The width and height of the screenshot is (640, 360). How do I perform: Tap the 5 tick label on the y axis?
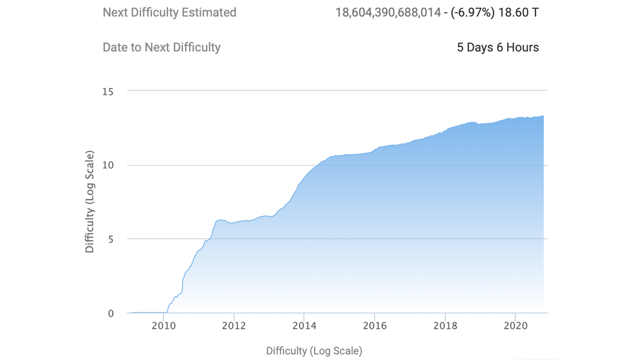[x=111, y=239]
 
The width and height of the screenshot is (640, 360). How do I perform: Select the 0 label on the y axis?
[x=111, y=313]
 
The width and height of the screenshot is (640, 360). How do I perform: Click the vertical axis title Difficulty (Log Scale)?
[x=89, y=201]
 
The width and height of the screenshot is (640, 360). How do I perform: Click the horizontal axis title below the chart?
[x=314, y=351]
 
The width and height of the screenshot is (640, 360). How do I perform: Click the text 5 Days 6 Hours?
[x=498, y=47]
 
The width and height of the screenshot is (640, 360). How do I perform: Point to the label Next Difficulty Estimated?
[x=169, y=12]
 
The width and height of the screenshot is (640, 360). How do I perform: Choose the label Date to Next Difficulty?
[x=161, y=47]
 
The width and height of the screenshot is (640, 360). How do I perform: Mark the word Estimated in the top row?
[x=209, y=12]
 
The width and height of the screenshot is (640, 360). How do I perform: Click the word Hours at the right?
[x=522, y=47]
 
